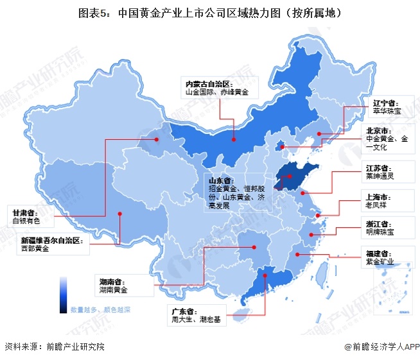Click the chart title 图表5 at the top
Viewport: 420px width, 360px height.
pyautogui.click(x=209, y=12)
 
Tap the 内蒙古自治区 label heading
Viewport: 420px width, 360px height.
pyautogui.click(x=204, y=84)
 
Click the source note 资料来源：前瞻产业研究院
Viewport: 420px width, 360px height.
pyautogui.click(x=54, y=347)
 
